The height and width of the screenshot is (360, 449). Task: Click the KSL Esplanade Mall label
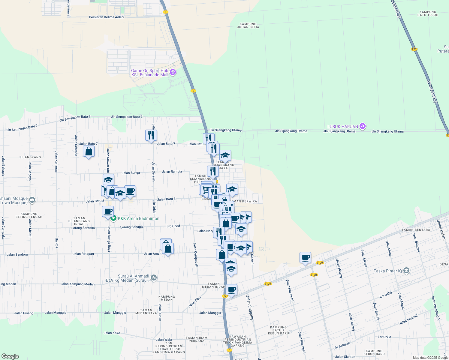(x=150, y=75)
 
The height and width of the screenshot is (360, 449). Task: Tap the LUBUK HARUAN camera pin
(x=362, y=126)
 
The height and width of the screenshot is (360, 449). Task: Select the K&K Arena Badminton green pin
(x=113, y=218)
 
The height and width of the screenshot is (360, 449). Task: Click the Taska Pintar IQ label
(x=387, y=271)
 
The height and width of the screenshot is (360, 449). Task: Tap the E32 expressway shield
(x=414, y=49)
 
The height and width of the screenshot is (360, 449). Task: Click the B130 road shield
(x=314, y=275)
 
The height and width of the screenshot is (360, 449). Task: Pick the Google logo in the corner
(x=10, y=356)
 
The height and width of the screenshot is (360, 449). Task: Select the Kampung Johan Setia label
(x=248, y=25)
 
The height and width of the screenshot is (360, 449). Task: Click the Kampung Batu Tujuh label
(x=428, y=13)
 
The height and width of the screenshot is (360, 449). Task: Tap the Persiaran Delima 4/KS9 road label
(x=107, y=17)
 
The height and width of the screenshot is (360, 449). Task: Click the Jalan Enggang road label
(x=250, y=307)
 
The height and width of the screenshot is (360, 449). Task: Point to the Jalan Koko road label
(x=112, y=333)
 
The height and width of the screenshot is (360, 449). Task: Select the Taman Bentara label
(x=416, y=230)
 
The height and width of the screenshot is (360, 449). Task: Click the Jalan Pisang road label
(x=24, y=313)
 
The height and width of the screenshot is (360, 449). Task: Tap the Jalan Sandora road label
(x=17, y=254)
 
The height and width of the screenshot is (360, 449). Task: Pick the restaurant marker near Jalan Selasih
(x=151, y=135)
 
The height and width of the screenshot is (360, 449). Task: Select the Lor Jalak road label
(x=386, y=295)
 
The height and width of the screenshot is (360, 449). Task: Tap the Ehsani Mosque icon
(x=32, y=200)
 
